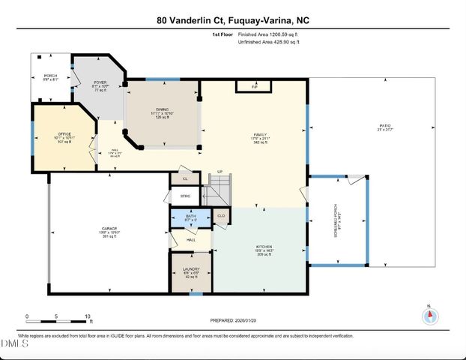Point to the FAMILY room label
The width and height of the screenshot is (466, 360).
259,134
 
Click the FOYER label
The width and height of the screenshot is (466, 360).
100,82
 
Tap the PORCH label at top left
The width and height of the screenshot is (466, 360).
51,76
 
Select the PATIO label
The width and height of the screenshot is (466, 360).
385,125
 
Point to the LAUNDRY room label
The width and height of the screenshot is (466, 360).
190,268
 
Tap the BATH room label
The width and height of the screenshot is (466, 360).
190,215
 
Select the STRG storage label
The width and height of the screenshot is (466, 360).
185,196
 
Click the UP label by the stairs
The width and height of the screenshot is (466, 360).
220,172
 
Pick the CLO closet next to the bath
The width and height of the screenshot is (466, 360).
221,216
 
